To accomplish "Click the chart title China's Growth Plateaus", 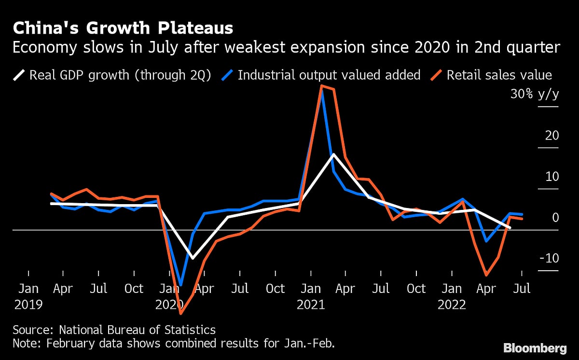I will click(123, 28).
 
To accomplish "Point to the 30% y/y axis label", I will click(535, 94).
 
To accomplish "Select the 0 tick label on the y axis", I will click(555, 218).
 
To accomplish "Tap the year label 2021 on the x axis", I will click(311, 305).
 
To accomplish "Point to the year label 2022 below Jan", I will click(452, 305).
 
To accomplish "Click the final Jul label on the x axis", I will click(522, 289).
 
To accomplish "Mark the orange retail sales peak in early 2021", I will click(321, 86).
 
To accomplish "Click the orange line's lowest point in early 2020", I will click(181, 314).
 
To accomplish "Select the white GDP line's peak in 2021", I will click(333, 154).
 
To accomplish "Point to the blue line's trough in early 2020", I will click(181, 285).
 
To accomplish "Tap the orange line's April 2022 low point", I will click(486, 276).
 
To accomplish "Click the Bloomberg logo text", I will click(535, 347).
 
